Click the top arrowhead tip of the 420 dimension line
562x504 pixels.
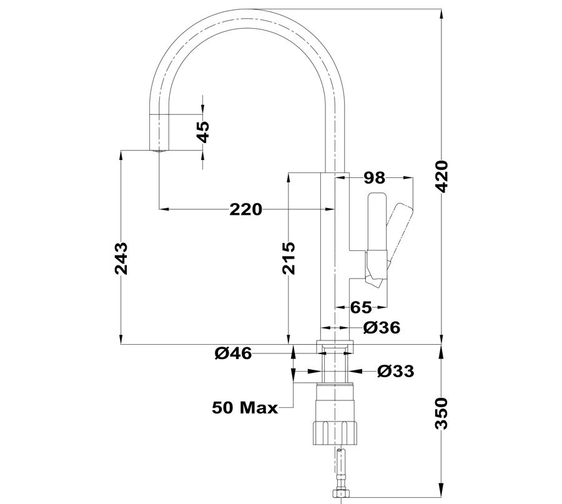[x=441, y=9]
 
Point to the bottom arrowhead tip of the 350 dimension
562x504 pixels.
[x=441, y=497]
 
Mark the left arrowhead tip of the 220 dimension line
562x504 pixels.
[x=159, y=208]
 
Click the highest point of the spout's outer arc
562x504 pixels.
[x=247, y=9]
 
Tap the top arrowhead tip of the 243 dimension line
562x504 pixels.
[x=121, y=151]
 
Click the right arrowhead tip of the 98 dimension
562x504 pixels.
[x=413, y=177]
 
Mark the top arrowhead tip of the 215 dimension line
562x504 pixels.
[x=288, y=173]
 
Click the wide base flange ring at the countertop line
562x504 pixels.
[x=335, y=346]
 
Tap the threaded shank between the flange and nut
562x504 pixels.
[x=335, y=367]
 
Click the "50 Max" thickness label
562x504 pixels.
[x=245, y=408]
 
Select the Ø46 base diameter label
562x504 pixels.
[x=234, y=354]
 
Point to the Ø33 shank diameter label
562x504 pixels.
[x=396, y=372]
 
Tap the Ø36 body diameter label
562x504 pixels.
[x=382, y=327]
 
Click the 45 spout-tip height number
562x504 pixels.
[x=204, y=132]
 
